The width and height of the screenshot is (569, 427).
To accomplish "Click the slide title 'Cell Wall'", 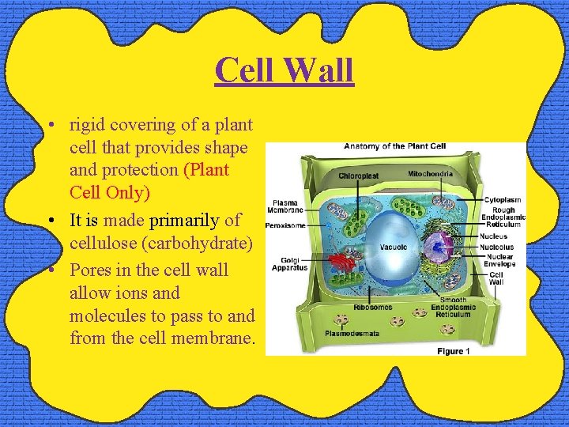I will click(284, 70).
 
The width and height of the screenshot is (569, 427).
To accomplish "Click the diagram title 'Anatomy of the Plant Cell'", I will click(394, 146).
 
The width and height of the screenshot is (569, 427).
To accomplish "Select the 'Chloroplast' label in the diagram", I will click(359, 176).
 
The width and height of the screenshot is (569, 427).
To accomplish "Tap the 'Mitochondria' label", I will click(431, 173).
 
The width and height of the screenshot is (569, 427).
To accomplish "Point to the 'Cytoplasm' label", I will click(503, 201).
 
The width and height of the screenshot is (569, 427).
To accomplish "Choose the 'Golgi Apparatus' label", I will click(289, 264).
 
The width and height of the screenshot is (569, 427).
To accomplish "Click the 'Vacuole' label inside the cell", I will click(394, 247).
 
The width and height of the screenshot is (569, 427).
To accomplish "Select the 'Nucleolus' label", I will click(497, 247).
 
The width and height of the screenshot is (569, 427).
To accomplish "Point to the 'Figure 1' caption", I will click(454, 351).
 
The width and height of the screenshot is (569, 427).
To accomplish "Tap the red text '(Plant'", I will click(205, 170).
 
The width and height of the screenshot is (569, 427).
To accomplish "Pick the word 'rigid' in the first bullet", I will click(88, 124).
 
